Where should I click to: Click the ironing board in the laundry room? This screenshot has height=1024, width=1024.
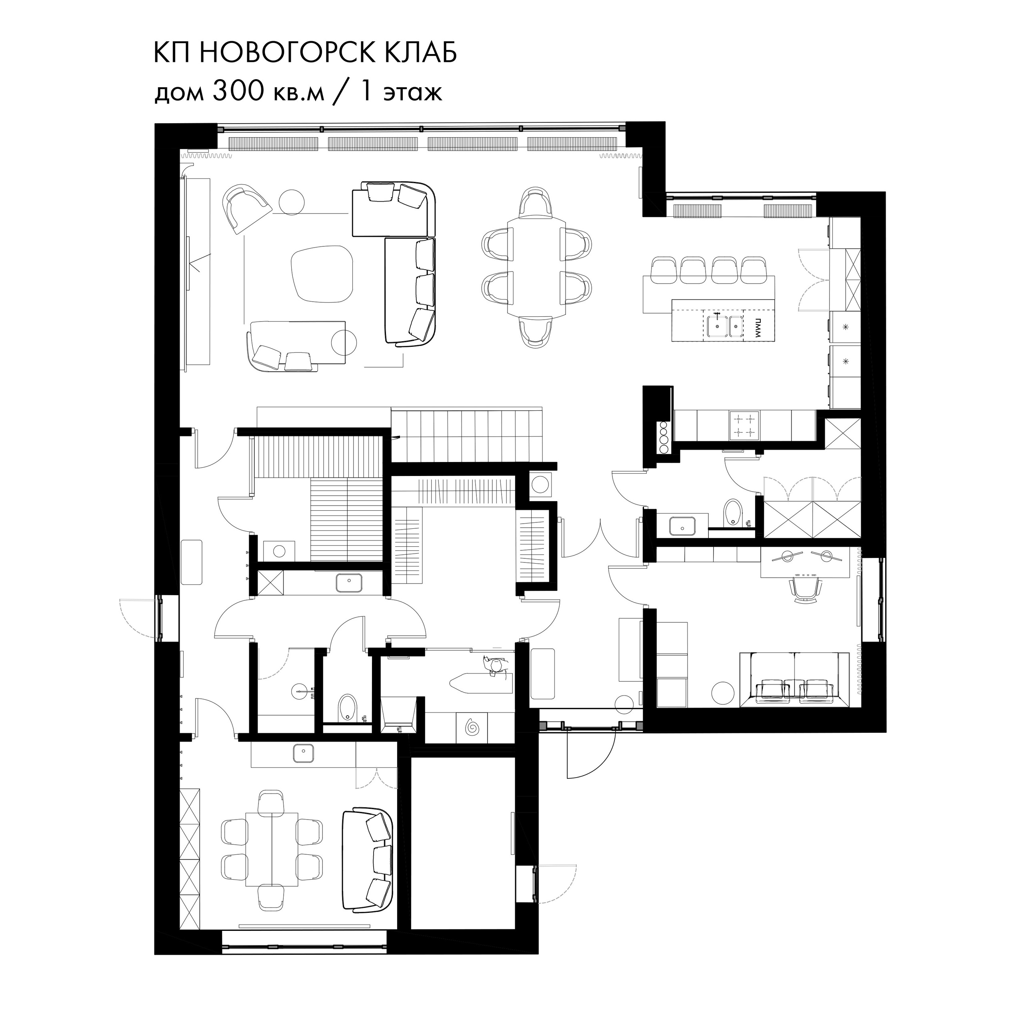pos(480,681)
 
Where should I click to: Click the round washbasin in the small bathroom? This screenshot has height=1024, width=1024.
pos(300,691)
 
